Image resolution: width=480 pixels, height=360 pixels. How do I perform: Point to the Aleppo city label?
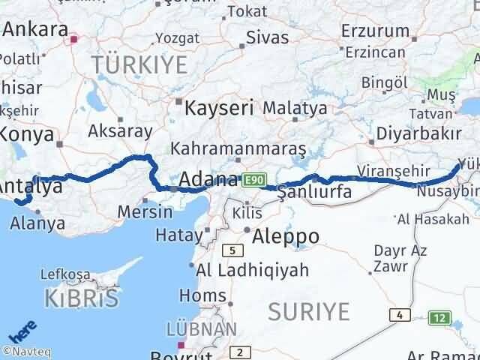coord(285,237)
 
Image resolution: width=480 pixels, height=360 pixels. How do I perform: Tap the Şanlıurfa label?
coord(314,192)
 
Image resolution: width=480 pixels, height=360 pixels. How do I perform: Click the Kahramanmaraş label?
coord(238,149)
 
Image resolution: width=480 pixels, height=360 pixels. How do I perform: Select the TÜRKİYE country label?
coord(139,64)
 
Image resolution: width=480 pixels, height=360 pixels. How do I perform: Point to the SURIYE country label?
coord(308,310)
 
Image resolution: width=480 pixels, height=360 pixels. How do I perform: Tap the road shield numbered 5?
coord(235,250)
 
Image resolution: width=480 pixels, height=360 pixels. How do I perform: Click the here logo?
coord(19,331)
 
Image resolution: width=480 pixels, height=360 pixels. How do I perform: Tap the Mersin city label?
coord(145,211)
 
